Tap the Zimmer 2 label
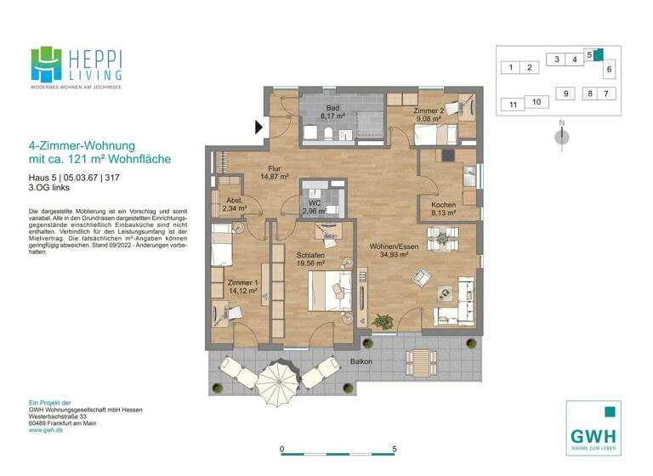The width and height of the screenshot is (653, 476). (x=429, y=110)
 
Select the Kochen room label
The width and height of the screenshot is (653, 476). (x=443, y=206)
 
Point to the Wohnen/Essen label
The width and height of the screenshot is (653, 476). (x=394, y=246)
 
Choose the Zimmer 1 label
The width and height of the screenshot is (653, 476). (x=243, y=282)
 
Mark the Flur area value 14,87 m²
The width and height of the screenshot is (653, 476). (x=274, y=178)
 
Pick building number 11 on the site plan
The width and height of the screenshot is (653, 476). (x=512, y=105)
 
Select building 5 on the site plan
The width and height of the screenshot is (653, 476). (x=589, y=54)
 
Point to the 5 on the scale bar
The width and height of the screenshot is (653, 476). (x=394, y=448)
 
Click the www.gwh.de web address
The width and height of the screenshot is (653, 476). (x=48, y=431)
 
